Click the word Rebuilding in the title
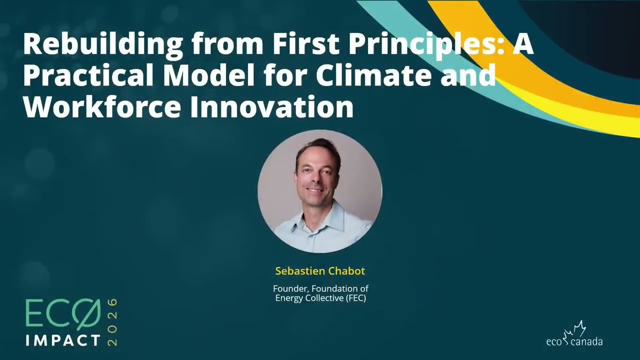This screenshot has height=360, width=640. coord(103,45)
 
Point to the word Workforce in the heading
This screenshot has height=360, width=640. coord(102,107)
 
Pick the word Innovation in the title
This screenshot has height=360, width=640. coord(271,107)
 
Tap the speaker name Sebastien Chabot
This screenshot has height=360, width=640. coord(320,271)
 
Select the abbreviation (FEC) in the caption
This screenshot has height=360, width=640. coord(354,298)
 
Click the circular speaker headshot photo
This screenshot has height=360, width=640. coord(320,191)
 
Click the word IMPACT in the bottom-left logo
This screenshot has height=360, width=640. coord(63,340)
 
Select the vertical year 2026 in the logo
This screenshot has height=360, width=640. coord(112,322)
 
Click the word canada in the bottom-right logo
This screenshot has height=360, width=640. coord(586,342)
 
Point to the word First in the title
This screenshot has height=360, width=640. coord(306,45)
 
